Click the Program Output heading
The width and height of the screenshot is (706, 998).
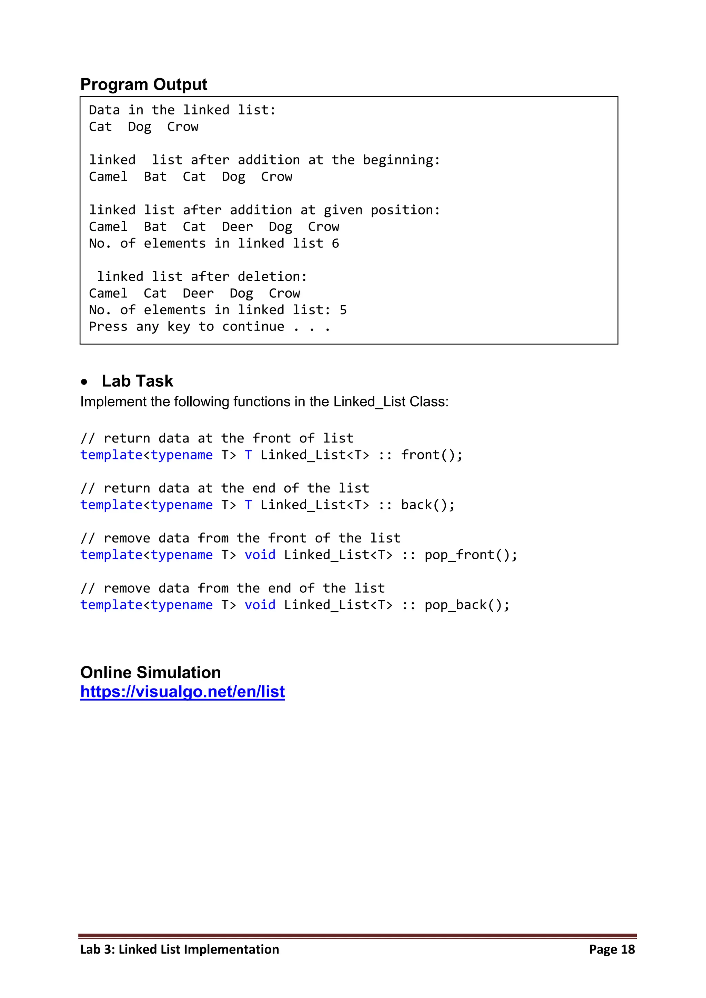click(x=143, y=84)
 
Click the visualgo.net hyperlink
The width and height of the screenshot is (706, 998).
click(x=183, y=692)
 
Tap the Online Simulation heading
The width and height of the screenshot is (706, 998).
click(x=150, y=672)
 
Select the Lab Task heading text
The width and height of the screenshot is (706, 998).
click(x=138, y=381)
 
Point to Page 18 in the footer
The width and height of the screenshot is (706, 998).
click(x=612, y=949)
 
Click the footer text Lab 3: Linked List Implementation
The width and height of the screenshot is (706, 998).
click(x=180, y=949)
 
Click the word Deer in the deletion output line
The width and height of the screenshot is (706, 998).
click(x=198, y=293)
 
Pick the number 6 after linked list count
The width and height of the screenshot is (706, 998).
click(x=335, y=243)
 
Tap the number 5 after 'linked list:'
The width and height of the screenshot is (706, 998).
click(x=343, y=310)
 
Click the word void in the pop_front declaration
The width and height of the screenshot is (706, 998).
click(x=260, y=555)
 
